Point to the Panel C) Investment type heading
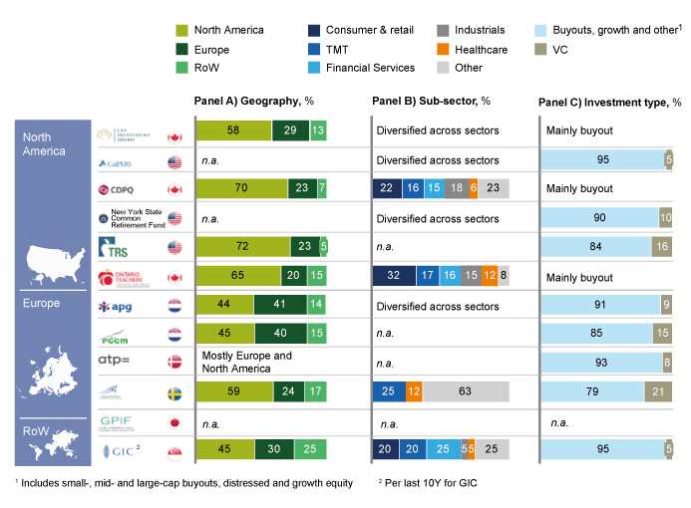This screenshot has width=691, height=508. tap(609, 102)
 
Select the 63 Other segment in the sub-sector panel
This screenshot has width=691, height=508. tap(465, 391)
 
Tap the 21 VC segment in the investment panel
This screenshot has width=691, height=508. tap(658, 391)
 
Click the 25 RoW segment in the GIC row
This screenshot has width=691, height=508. tap(310, 450)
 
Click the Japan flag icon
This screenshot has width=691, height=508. tap(174, 422)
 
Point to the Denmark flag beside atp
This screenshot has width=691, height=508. tap(174, 364)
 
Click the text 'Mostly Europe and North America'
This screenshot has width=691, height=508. tap(247, 363)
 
